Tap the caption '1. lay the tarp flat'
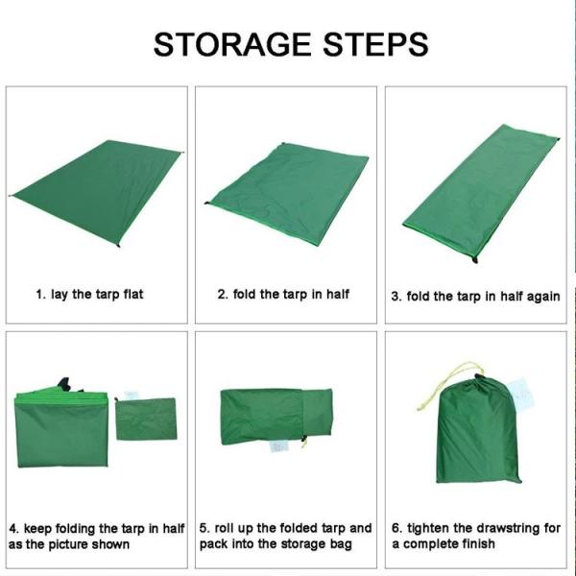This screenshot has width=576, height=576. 89,294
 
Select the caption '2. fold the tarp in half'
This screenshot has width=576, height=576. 283,294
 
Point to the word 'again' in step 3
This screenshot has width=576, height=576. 540,296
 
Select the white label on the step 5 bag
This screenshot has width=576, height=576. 280,447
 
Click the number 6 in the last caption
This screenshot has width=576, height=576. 396,528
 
